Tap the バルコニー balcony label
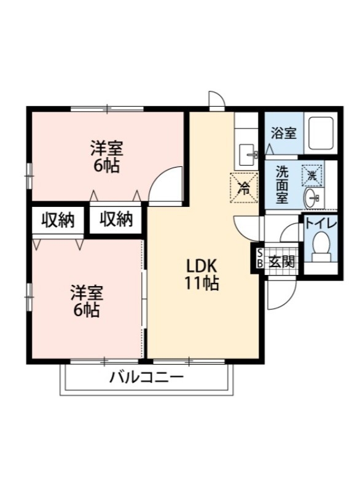click(146, 377)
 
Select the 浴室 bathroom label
click(283, 133)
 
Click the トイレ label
click(320, 223)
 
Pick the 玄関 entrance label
click(282, 261)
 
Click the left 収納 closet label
click(58, 220)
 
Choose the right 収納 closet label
click(116, 220)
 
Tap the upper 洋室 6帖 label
click(107, 157)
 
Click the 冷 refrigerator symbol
click(243, 187)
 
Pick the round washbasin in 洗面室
click(312, 197)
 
